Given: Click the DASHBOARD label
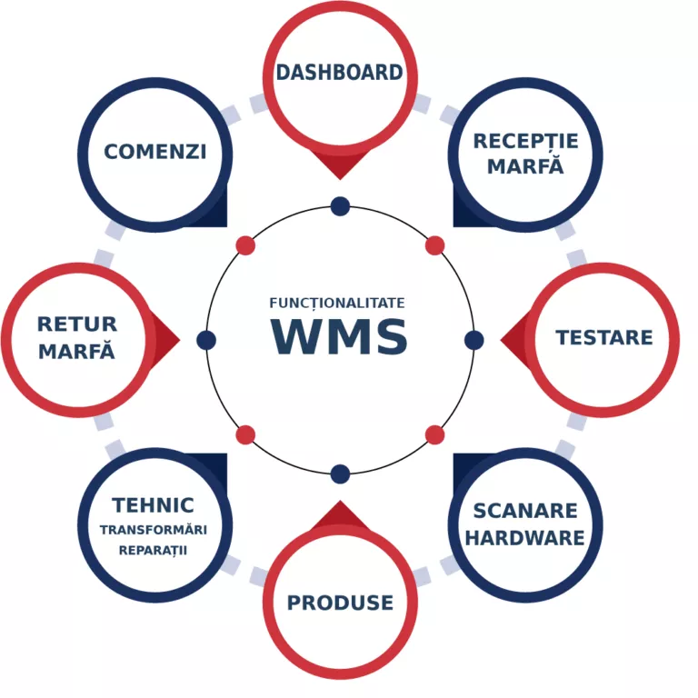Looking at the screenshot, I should pos(339,73).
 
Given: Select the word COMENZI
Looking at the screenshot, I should pos(155,151).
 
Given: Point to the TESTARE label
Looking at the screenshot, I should pos(603,338).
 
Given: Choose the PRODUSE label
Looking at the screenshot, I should pos(340,602).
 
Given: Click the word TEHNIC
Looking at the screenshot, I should pos(154,505).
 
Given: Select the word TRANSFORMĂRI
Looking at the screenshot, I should pos(154,531).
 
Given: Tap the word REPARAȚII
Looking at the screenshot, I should pos(154,550).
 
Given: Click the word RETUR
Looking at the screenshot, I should pos(77,324).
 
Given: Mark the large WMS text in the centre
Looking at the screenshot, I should pos(340,336).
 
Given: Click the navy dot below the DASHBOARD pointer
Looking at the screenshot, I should pos(340,206).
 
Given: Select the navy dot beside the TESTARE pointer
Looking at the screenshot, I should pos(474,340).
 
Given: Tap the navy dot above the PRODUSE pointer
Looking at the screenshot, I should pos(340,474).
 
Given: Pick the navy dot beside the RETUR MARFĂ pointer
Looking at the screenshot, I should pos(206,340).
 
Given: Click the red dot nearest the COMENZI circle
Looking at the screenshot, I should pos(245,245).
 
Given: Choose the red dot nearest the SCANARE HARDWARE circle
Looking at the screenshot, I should pos(434,434).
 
